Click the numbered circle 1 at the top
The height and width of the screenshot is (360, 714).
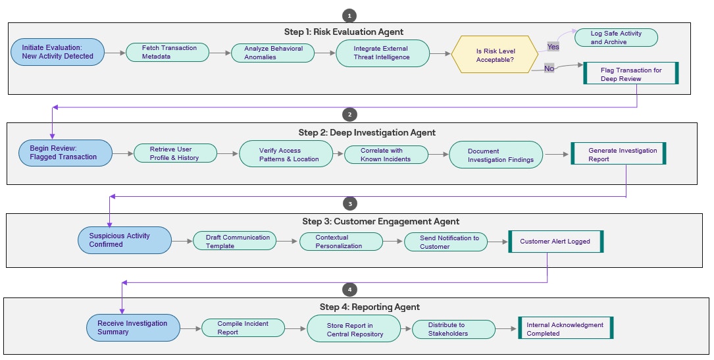(349, 15)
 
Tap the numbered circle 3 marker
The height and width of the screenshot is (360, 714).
(350, 204)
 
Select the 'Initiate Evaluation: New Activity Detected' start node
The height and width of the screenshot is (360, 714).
(58, 52)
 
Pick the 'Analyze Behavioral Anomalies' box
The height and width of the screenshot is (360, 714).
(273, 53)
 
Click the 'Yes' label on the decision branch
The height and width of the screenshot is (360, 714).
(553, 47)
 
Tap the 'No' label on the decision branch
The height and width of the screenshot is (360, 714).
(549, 68)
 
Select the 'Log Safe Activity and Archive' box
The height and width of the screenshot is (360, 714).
(616, 38)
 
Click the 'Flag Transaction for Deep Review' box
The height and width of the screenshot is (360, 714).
(630, 74)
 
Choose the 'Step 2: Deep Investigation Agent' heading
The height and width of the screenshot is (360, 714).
(367, 132)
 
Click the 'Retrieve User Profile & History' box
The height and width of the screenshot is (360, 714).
(175, 153)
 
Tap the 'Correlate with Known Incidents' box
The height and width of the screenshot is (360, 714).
(386, 155)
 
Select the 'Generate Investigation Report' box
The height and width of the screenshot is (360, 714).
(619, 154)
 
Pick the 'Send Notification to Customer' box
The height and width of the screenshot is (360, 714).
(446, 242)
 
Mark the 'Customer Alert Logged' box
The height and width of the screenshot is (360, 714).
(555, 242)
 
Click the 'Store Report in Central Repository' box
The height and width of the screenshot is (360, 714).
(353, 329)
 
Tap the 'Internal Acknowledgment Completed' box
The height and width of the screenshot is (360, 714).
(565, 328)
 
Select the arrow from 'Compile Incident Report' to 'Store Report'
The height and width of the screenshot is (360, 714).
(297, 328)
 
